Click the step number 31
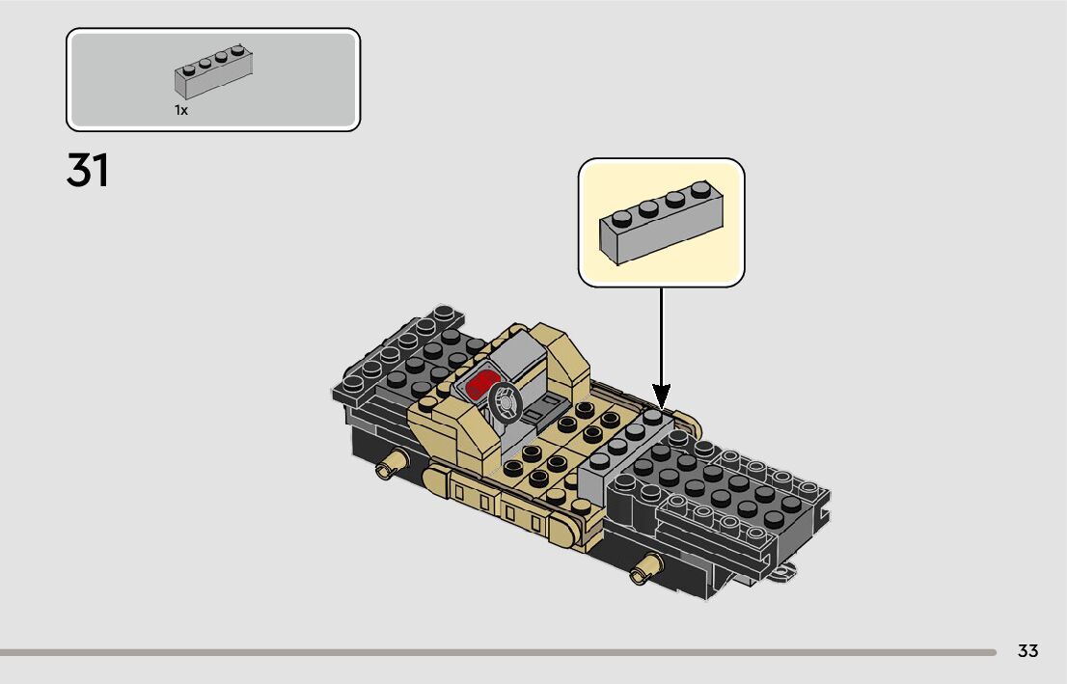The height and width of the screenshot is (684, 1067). click(88, 171)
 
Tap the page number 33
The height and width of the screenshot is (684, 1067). click(1027, 651)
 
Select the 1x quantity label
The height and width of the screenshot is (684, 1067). click(180, 110)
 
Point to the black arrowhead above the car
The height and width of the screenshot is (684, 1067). click(662, 395)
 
